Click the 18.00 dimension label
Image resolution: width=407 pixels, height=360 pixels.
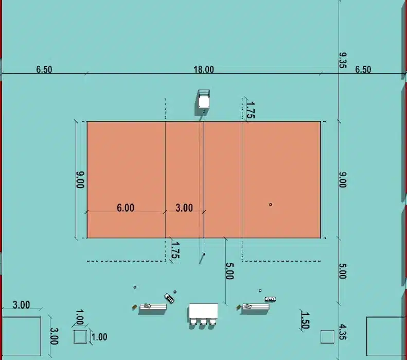pos(204,70)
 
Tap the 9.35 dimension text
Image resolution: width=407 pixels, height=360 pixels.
pos(343,60)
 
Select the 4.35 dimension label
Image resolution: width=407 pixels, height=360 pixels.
pos(343,331)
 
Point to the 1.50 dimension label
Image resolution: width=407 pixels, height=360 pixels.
pos(305,320)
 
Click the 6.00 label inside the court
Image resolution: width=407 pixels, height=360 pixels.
pos(126,208)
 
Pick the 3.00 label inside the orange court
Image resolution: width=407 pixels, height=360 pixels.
pos(184,208)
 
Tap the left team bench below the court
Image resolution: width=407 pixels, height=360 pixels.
pos(152,307)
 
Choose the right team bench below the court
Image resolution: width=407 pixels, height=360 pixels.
pos(255,307)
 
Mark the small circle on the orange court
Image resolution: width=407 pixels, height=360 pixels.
pos(270,204)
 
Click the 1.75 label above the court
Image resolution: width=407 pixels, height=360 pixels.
pos(250,110)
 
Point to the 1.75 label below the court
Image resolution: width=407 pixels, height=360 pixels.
pos(175,250)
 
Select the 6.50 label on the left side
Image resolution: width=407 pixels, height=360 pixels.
pos(44,70)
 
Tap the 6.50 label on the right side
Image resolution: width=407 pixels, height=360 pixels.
pos(363,70)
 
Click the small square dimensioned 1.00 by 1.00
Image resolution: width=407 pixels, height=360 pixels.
pos(80,337)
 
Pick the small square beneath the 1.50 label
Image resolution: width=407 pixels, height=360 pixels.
pos(327,337)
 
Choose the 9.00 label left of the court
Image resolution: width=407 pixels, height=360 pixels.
pos(80,180)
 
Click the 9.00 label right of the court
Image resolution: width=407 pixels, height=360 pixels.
pos(343,180)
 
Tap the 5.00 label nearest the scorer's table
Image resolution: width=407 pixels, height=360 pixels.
pos(229,271)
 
